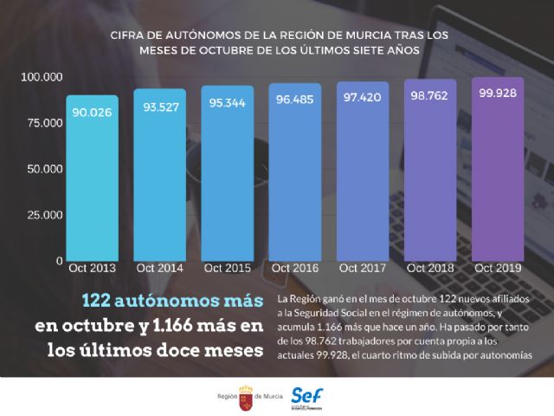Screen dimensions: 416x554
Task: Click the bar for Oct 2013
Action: (x=91, y=178)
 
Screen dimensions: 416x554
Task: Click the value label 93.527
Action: (x=159, y=107)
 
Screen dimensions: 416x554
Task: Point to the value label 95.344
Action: (x=227, y=102)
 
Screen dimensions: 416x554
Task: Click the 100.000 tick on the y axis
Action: (x=42, y=77)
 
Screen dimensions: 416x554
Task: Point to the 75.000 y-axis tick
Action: (x=44, y=123)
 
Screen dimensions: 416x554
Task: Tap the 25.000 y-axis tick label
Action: (x=44, y=214)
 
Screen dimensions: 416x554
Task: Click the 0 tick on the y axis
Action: (x=59, y=260)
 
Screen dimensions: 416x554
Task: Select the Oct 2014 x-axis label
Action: (x=159, y=269)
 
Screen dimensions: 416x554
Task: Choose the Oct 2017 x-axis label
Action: (x=362, y=269)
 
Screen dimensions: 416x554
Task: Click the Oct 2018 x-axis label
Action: (x=429, y=269)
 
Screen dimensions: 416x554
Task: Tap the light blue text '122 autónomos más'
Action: (x=171, y=301)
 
